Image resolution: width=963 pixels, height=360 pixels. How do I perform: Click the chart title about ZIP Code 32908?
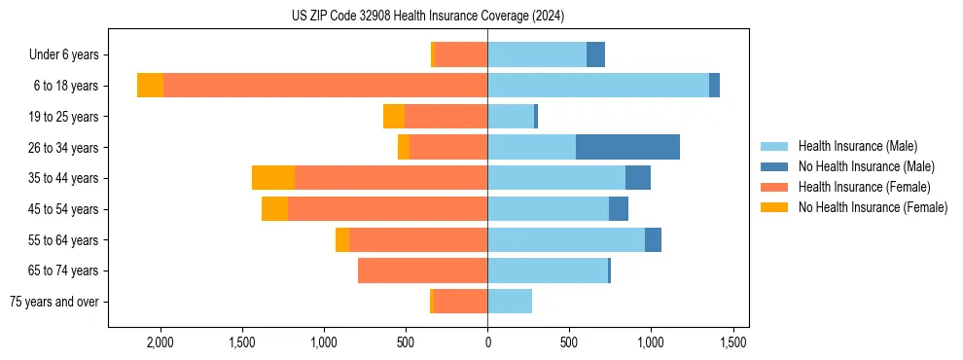[x=428, y=16]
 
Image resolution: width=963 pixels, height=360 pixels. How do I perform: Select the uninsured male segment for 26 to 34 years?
[x=627, y=147]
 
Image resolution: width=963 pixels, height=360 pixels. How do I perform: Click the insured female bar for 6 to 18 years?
[x=325, y=86]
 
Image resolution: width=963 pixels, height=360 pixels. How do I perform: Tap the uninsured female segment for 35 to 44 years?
[x=273, y=178]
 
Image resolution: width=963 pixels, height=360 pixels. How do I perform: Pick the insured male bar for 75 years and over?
[x=510, y=302]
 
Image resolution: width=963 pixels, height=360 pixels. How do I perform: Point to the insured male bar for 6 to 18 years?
[x=598, y=86]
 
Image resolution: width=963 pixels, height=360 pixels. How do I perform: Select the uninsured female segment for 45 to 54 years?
[x=274, y=209]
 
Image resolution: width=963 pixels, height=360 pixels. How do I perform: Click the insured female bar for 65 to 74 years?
[x=422, y=270]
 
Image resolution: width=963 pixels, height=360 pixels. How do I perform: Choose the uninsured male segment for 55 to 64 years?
[x=653, y=239]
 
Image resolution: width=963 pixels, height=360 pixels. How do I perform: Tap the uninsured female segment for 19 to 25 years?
[x=394, y=117]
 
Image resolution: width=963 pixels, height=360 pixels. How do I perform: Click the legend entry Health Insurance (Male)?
[x=857, y=146]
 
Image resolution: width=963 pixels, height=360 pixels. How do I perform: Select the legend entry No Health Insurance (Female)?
[x=873, y=207]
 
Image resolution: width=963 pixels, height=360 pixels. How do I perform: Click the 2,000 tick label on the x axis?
[x=160, y=342]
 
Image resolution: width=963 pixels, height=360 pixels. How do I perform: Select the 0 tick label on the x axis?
[x=487, y=342]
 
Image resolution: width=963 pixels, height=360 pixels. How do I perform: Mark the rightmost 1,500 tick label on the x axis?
[x=732, y=342]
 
